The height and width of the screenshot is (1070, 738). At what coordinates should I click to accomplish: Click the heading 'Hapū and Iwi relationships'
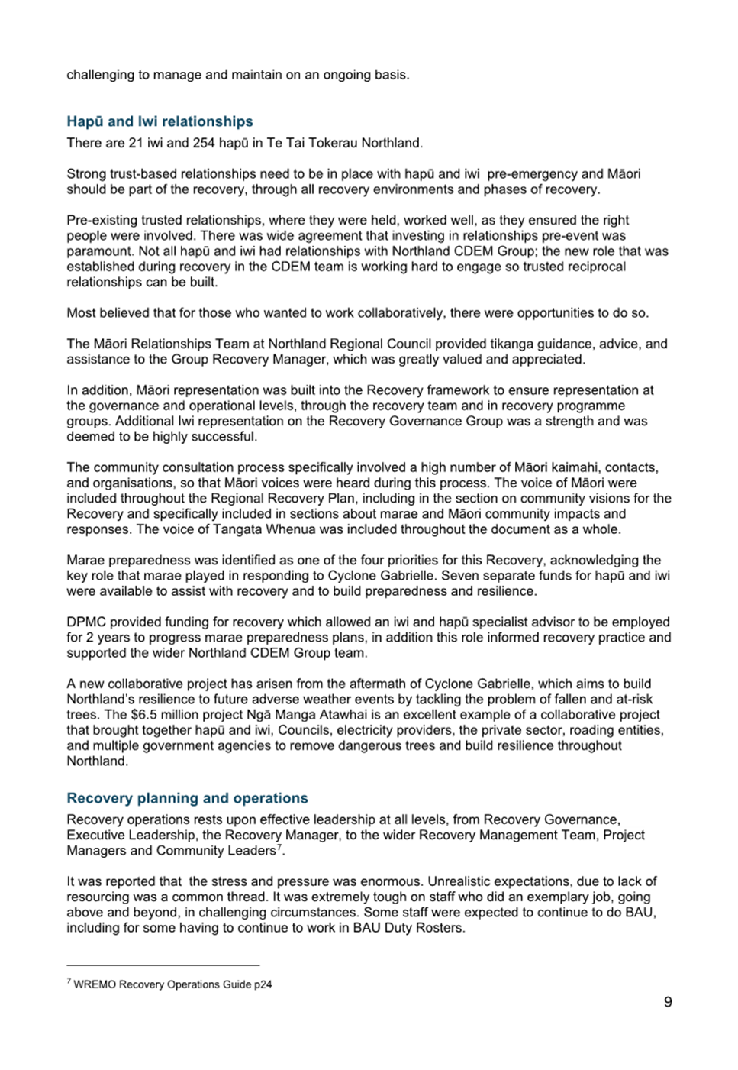[x=160, y=121]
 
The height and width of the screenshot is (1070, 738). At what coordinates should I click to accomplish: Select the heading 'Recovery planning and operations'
[x=187, y=798]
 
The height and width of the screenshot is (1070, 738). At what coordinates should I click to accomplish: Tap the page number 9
[x=668, y=1002]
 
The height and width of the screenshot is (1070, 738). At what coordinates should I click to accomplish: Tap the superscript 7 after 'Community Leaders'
[x=280, y=847]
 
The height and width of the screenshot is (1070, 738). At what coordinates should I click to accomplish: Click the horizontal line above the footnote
[x=163, y=965]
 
